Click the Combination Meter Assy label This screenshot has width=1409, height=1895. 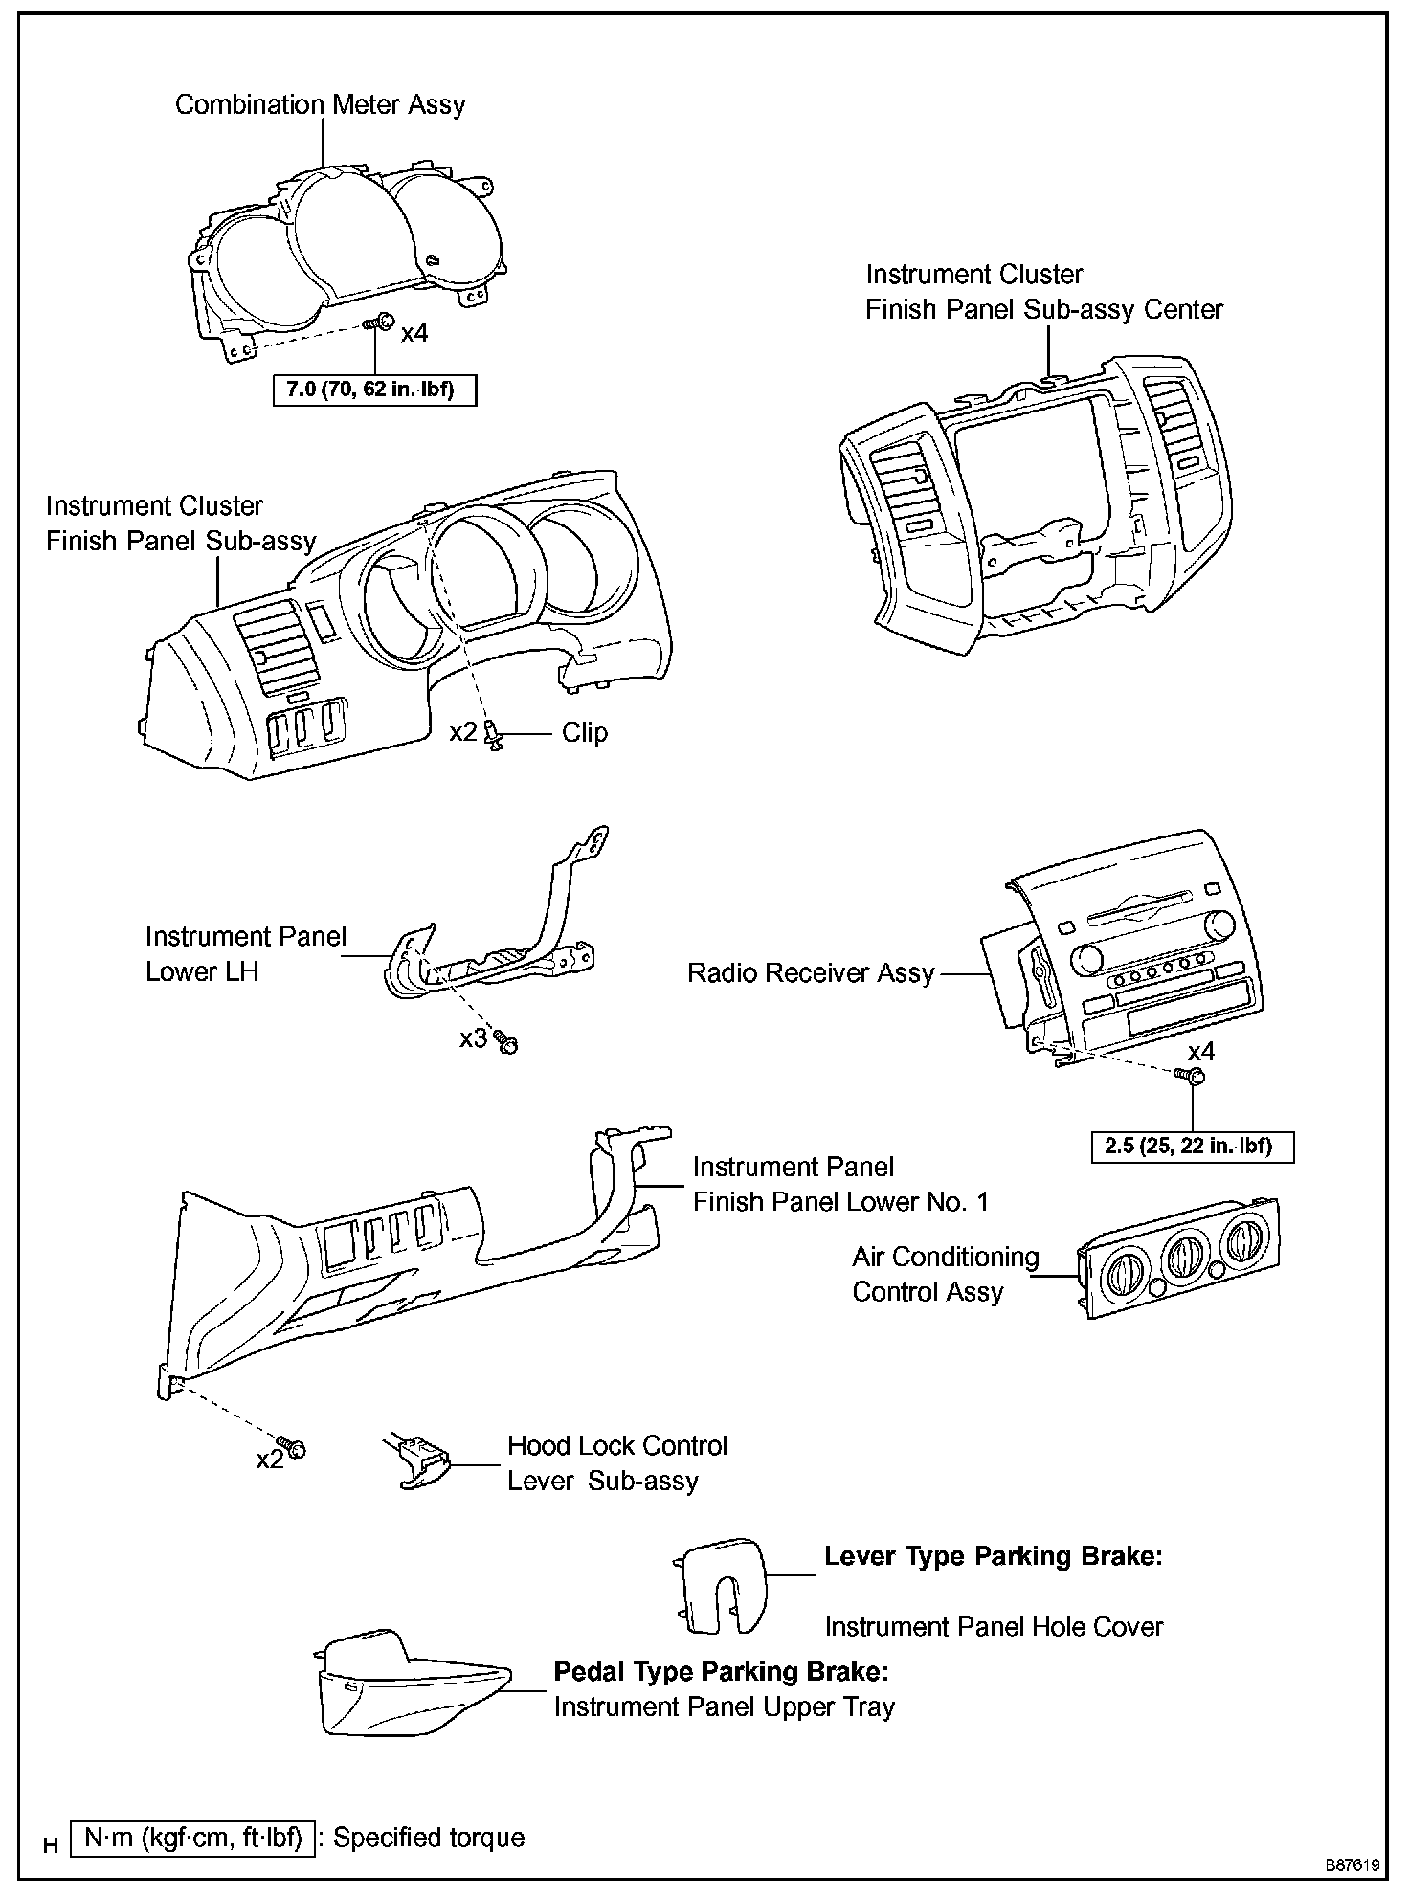click(320, 104)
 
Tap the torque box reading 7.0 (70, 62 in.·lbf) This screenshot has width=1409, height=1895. click(374, 390)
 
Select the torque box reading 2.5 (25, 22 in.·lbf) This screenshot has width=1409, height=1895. click(1192, 1146)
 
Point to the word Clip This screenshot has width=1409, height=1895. click(584, 733)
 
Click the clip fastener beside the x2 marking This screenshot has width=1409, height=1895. click(495, 736)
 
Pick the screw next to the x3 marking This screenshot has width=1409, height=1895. click(506, 1041)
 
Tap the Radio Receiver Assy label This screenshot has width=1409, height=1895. click(811, 973)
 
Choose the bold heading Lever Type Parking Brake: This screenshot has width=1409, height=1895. click(993, 1556)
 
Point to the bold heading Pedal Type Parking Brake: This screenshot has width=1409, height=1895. click(721, 1672)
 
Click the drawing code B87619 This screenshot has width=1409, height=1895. click(1352, 1865)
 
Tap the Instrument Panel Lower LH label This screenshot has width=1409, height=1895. click(245, 954)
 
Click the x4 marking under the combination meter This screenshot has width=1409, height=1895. click(414, 333)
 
